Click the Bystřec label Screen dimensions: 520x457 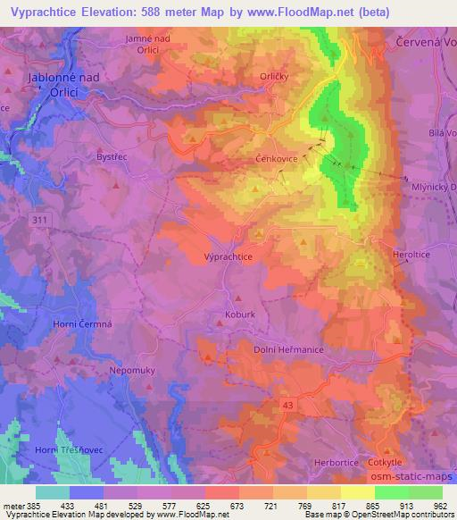click(x=114, y=155)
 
